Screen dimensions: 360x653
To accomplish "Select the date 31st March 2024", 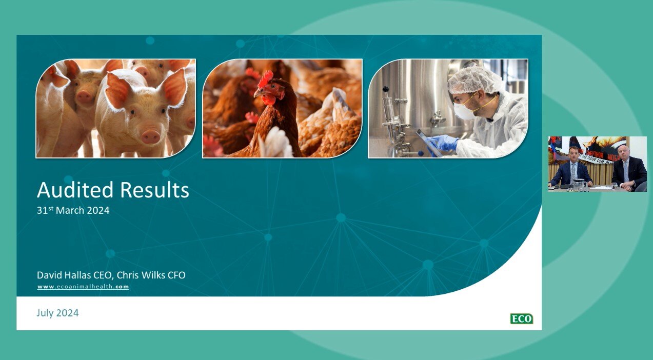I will [x=73, y=210].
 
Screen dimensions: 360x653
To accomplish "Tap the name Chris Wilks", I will [x=141, y=275].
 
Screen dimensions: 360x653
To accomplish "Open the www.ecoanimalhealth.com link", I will [x=83, y=287].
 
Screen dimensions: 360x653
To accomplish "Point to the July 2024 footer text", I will [x=57, y=313].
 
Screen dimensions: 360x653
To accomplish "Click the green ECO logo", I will [x=521, y=319].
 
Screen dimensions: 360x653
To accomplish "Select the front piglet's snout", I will [x=150, y=136].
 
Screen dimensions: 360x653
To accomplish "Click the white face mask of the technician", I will [x=463, y=110].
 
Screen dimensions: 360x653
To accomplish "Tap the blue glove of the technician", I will [x=442, y=143].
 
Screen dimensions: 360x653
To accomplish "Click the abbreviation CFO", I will [x=176, y=275].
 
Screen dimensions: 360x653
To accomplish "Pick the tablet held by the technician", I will [x=428, y=142].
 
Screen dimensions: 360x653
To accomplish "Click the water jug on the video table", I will [x=579, y=184].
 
